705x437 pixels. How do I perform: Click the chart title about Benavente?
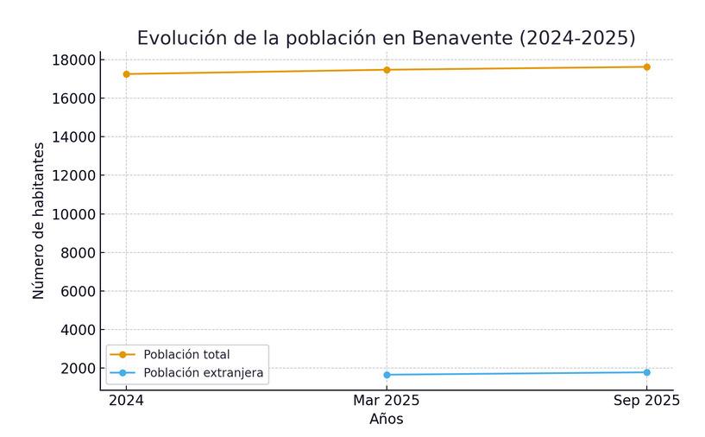tap(386, 38)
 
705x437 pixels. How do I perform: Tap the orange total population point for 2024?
tap(126, 74)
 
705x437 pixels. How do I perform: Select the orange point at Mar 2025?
tap(387, 70)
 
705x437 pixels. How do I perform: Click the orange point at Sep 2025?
tap(646, 66)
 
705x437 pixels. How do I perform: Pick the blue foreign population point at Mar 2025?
tap(387, 375)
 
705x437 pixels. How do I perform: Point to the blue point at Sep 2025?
tap(646, 372)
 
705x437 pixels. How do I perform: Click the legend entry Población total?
tap(186, 354)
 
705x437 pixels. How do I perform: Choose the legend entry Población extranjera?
tap(204, 373)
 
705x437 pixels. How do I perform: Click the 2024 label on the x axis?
tap(126, 401)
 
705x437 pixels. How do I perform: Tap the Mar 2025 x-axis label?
tap(387, 401)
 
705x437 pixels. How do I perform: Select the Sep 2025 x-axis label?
tap(646, 401)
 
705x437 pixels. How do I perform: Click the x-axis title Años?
tap(387, 420)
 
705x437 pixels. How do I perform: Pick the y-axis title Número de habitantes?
tap(39, 221)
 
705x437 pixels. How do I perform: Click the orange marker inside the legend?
tap(122, 354)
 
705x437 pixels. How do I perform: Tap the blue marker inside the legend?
tap(122, 373)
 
